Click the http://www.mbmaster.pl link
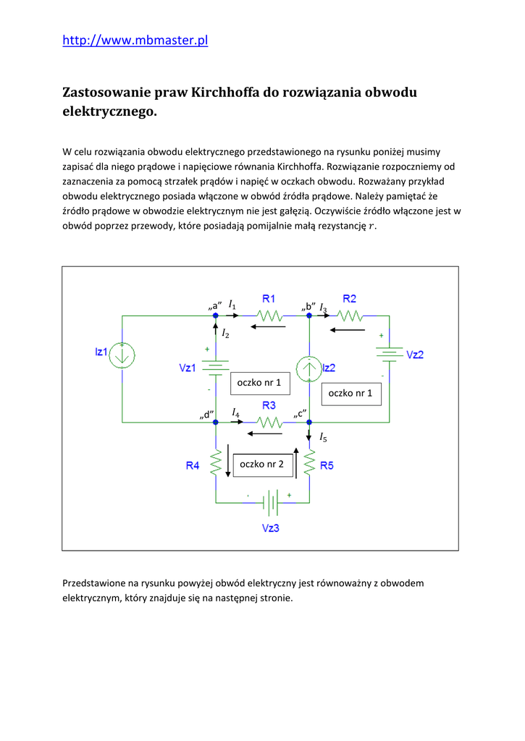coord(135,41)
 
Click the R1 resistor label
coord(269,298)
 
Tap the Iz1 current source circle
coord(122,354)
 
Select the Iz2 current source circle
coord(309,369)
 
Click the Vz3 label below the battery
coord(270,528)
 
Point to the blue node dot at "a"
coord(215,316)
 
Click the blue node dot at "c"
coord(309,422)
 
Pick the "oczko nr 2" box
coord(261,464)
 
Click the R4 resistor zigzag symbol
coord(215,462)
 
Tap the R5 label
coord(327,466)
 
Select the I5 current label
coord(323,437)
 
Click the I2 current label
coord(226,334)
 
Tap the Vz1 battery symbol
coord(215,368)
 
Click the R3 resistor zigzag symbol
coord(269,422)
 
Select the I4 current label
coord(235,412)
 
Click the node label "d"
coord(207,415)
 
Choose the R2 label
coord(350,298)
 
